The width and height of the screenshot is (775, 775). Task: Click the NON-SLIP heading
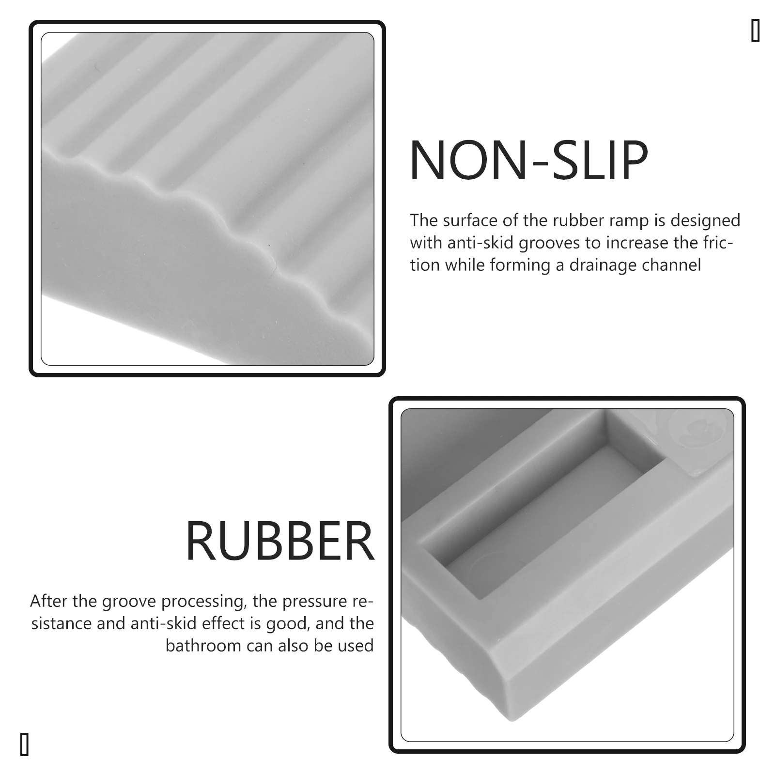[528, 161]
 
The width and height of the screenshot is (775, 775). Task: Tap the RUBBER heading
[280, 542]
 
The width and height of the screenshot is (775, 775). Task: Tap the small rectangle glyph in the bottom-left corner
[24, 744]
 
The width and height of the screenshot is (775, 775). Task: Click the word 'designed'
[705, 221]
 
